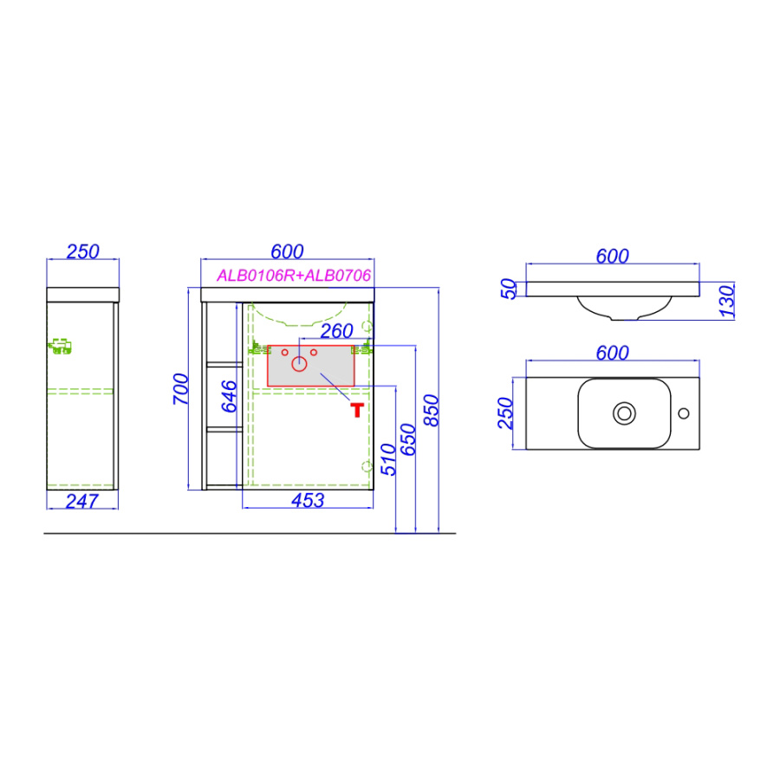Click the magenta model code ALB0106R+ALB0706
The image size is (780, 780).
pyautogui.click(x=294, y=275)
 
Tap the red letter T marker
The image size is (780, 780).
pyautogui.click(x=357, y=410)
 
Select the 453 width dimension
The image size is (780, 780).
pyautogui.click(x=308, y=500)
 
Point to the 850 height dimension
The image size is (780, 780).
pyautogui.click(x=431, y=411)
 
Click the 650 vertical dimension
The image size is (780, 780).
pyautogui.click(x=408, y=439)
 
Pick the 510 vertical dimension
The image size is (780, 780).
pyautogui.click(x=388, y=459)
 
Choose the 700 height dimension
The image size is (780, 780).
pyautogui.click(x=180, y=389)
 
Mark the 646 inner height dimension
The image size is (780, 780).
pyautogui.click(x=229, y=396)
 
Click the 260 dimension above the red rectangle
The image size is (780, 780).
pyautogui.click(x=337, y=331)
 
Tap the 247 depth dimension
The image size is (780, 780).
pyautogui.click(x=82, y=501)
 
